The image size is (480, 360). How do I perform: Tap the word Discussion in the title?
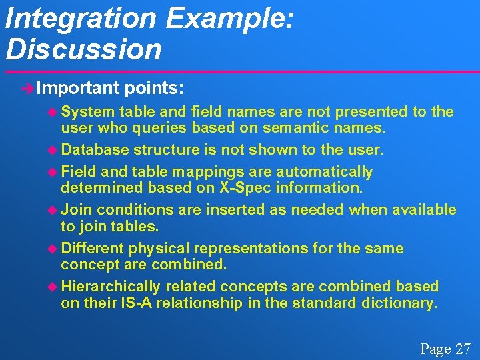click(83, 49)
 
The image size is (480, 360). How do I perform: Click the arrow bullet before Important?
click(28, 89)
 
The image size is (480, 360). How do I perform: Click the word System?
click(88, 111)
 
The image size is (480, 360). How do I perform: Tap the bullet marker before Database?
click(55, 150)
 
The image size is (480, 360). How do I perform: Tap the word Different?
click(92, 248)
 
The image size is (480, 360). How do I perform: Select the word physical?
click(158, 248)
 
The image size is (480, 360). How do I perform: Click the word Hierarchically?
click(111, 286)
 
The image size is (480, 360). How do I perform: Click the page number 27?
click(463, 349)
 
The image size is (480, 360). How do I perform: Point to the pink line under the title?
click(240, 71)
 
